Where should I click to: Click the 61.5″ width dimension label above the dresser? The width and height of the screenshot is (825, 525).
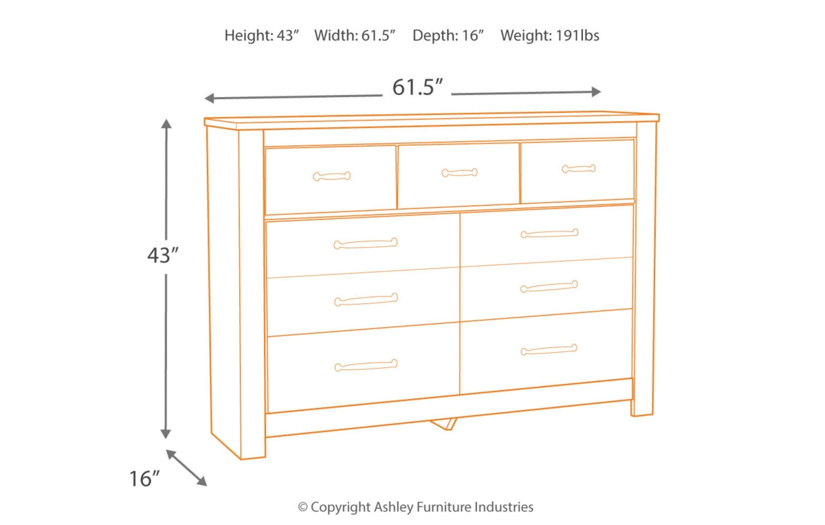[x=417, y=87]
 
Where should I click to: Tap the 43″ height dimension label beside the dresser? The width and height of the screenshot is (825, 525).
[x=163, y=255]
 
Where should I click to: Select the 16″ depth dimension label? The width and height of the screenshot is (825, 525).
[x=144, y=478]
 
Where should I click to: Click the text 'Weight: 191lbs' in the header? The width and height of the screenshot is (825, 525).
[x=549, y=35]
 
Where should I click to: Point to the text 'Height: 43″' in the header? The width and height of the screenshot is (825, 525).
[x=261, y=35]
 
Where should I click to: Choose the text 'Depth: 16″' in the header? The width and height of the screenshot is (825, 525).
[x=448, y=35]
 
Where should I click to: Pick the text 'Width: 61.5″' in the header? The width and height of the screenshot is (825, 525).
[x=355, y=35]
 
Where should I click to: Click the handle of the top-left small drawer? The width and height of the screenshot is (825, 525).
[x=332, y=176]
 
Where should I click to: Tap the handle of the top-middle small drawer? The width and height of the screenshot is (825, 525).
[x=460, y=173]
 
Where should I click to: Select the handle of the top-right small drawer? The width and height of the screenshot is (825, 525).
[x=579, y=169]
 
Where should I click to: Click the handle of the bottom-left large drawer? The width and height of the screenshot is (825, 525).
[x=366, y=365]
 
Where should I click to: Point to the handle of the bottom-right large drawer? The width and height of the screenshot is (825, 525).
[x=549, y=350]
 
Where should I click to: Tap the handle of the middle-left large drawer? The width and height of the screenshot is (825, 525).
[x=366, y=300]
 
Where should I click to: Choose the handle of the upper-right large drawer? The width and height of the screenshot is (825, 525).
[x=549, y=233]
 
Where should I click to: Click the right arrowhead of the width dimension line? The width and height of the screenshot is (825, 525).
[x=596, y=92]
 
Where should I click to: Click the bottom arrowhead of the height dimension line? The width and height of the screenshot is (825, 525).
[x=166, y=434]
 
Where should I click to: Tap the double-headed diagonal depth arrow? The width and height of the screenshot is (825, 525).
[x=186, y=468]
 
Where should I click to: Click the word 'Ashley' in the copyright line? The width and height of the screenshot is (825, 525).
[x=393, y=507]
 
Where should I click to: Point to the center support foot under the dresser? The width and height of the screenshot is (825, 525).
[x=444, y=424]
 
